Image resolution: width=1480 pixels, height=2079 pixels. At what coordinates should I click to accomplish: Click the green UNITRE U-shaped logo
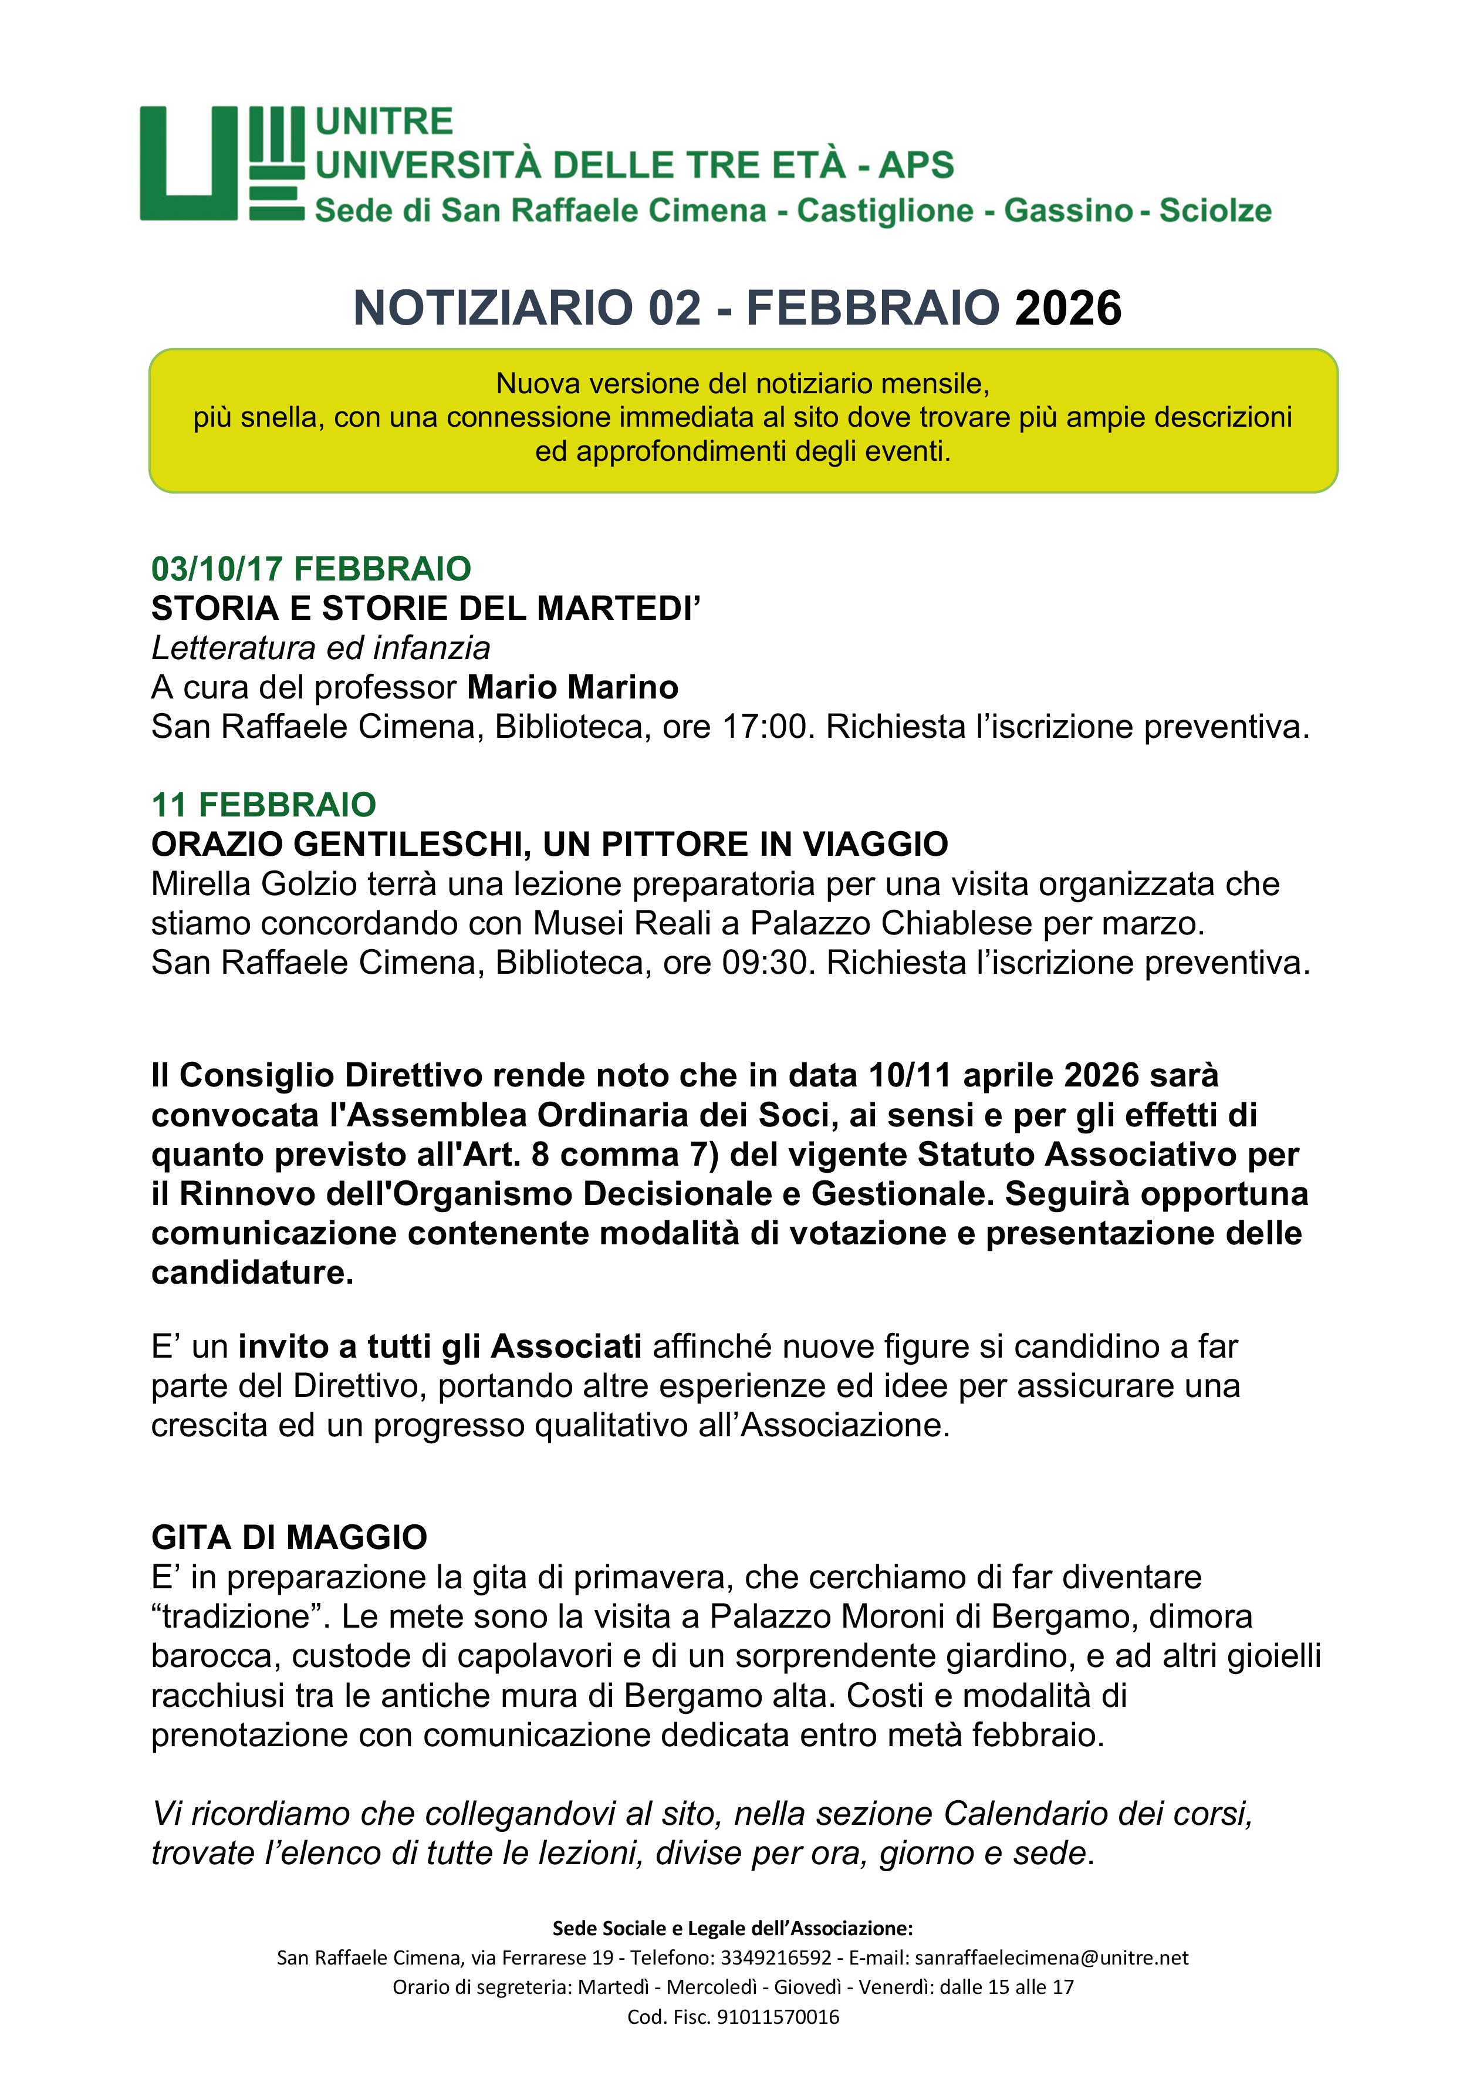tap(221, 164)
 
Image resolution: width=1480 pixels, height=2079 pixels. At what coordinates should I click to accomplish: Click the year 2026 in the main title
tap(1067, 308)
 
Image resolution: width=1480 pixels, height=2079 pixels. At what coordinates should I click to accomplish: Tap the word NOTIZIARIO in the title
tap(492, 308)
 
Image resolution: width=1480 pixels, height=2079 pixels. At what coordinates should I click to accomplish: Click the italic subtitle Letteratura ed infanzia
tap(321, 647)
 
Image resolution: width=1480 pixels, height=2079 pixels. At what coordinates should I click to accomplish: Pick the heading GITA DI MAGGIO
tap(289, 1538)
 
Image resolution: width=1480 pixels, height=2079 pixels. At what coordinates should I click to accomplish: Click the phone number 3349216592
tap(776, 1957)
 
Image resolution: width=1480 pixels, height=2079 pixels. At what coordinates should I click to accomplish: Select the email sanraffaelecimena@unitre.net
tap(1051, 1957)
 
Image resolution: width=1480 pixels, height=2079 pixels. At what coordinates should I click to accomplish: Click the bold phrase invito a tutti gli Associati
tap(440, 1346)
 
